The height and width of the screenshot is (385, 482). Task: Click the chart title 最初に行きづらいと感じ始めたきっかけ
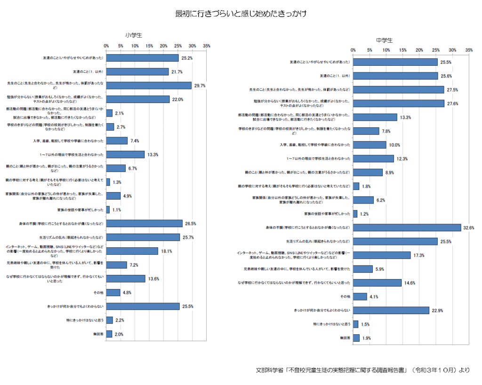click(x=241, y=14)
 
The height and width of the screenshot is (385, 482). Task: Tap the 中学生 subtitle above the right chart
click(x=384, y=40)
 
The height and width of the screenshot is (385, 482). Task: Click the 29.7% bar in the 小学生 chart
click(x=149, y=85)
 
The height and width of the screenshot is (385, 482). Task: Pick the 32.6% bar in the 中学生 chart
click(x=407, y=228)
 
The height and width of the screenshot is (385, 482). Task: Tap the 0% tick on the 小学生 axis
click(x=106, y=46)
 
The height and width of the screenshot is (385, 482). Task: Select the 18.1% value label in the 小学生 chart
click(x=166, y=251)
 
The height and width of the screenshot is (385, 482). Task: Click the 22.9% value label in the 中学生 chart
click(x=438, y=310)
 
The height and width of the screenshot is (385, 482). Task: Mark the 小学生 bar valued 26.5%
click(x=144, y=223)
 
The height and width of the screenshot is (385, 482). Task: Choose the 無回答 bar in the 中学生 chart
click(x=356, y=338)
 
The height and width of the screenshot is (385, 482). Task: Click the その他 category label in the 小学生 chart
click(x=98, y=292)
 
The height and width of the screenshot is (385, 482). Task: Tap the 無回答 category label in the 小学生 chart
click(x=98, y=334)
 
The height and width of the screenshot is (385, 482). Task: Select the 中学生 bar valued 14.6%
click(x=377, y=283)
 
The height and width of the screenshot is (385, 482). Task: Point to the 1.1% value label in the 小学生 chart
click(x=117, y=210)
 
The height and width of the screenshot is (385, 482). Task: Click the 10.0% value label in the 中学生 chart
click(x=395, y=145)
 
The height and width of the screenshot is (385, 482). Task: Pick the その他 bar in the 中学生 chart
click(x=360, y=297)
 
